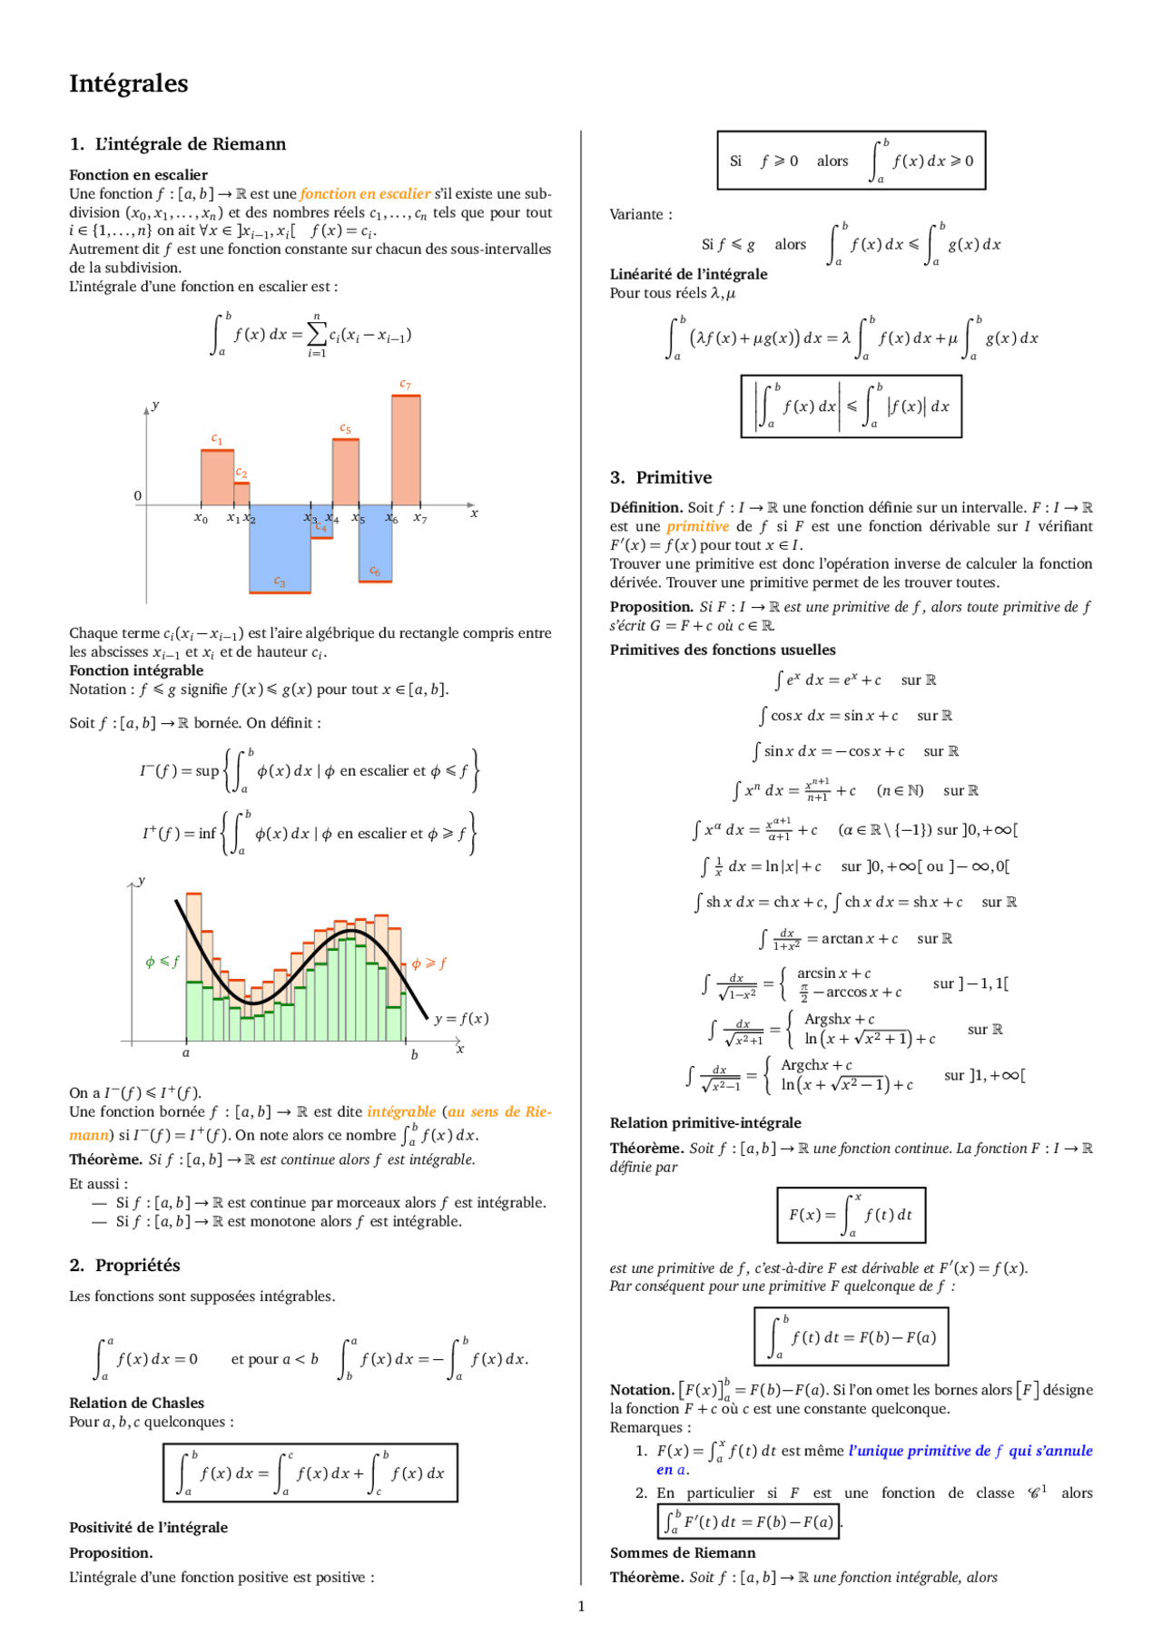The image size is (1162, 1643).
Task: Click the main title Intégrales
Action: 128,83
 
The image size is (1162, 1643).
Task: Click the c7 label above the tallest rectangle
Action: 405,385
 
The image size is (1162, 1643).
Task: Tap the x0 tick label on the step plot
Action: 201,518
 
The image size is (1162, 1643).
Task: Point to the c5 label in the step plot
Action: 345,428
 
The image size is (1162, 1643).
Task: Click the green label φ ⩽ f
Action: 162,962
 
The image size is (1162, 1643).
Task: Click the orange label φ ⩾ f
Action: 428,963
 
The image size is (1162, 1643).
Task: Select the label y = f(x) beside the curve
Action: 461,1018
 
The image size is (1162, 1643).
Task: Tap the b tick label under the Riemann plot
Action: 414,1054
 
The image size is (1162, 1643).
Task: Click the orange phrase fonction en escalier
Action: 365,193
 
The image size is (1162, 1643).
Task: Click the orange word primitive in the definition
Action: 697,526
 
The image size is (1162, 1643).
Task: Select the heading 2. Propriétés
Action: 124,1265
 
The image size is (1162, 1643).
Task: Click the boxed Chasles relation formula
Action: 310,1472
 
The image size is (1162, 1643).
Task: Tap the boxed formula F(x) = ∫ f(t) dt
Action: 851,1215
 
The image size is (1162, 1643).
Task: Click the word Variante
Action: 639,215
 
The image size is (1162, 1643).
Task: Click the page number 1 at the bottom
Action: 581,1607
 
